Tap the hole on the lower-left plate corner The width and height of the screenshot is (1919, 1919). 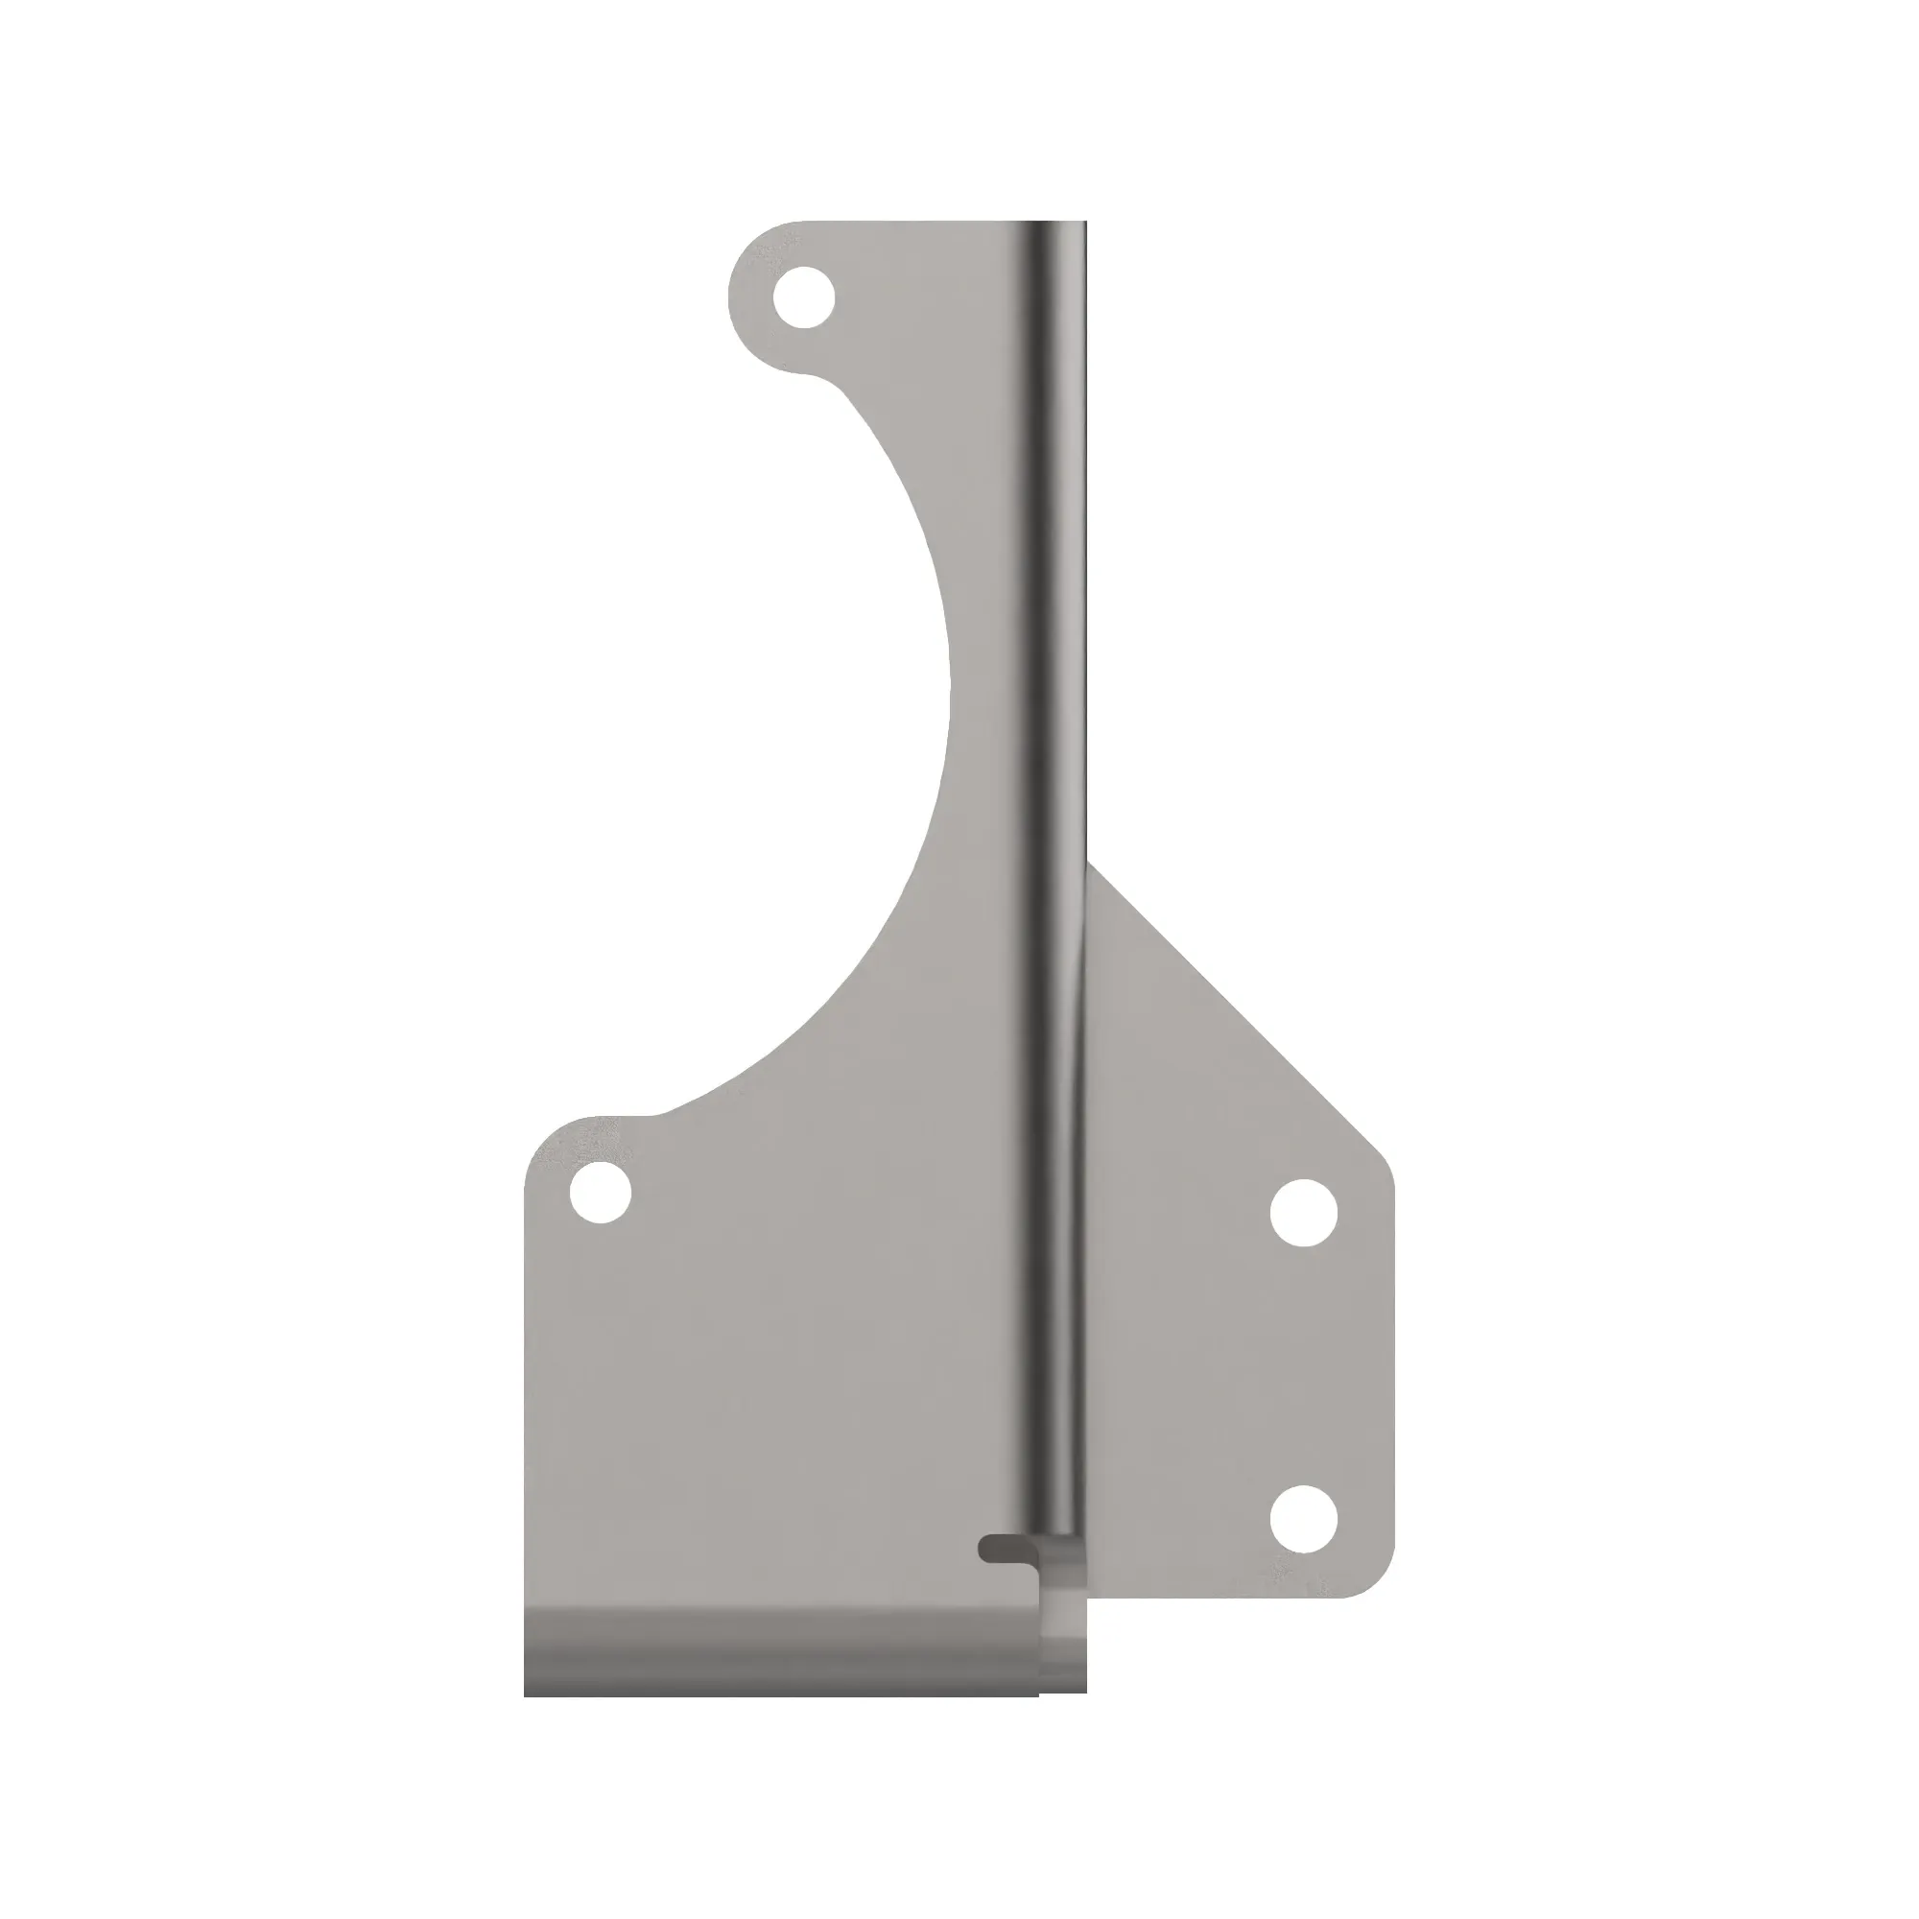click(x=600, y=1193)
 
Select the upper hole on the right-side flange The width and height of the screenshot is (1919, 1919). click(x=1304, y=1213)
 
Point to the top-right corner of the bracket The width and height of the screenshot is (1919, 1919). click(x=1083, y=223)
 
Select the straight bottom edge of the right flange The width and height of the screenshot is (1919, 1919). click(x=1221, y=1599)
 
